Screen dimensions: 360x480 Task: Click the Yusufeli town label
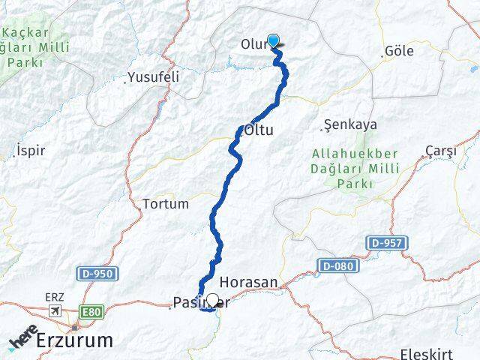pyautogui.click(x=153, y=76)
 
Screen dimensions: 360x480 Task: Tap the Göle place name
pyautogui.click(x=398, y=52)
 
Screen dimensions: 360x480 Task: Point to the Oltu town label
pyautogui.click(x=259, y=130)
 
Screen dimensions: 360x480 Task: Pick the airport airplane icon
pyautogui.click(x=55, y=310)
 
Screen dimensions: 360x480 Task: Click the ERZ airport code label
pyautogui.click(x=55, y=297)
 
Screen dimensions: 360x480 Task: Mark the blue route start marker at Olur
pyautogui.click(x=274, y=42)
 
